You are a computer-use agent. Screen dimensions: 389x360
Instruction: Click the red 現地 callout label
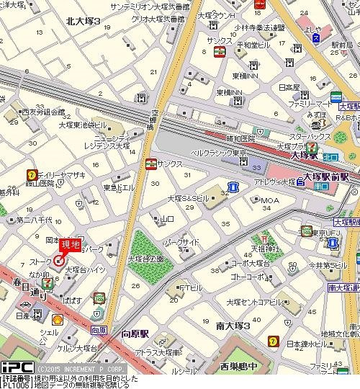pos(69,245)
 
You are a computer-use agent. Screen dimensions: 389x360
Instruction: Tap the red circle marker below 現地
pos(58,261)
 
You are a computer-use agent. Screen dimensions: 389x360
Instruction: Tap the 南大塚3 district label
pos(233,326)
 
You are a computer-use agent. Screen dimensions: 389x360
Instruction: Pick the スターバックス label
pos(310,135)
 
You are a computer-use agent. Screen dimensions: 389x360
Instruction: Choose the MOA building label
pos(269,200)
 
